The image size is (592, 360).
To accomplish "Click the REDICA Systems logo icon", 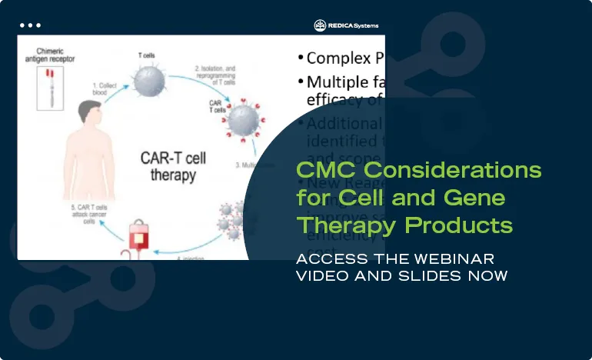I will pos(321,25).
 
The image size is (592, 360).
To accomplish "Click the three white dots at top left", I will pos(30,25).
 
